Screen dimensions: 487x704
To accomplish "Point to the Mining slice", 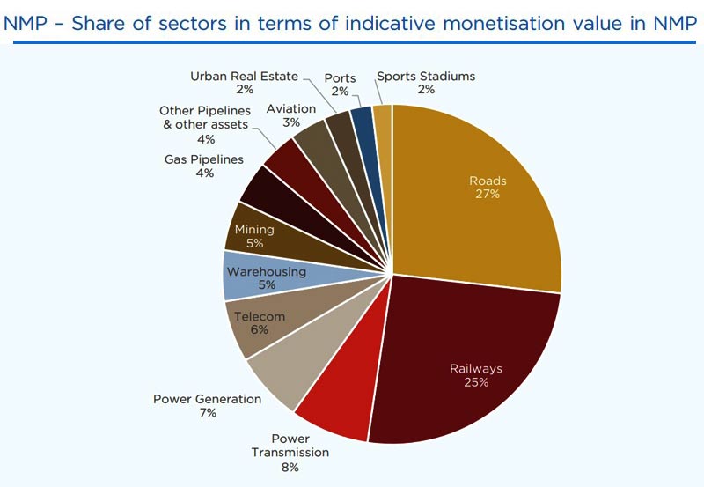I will coord(264,232).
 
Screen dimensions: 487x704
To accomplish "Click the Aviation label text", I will coord(290,109).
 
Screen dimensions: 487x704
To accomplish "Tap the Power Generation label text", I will coord(207,399).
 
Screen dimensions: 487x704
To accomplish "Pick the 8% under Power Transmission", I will coord(290,467).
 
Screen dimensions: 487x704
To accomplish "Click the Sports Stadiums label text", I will coord(426,76).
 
